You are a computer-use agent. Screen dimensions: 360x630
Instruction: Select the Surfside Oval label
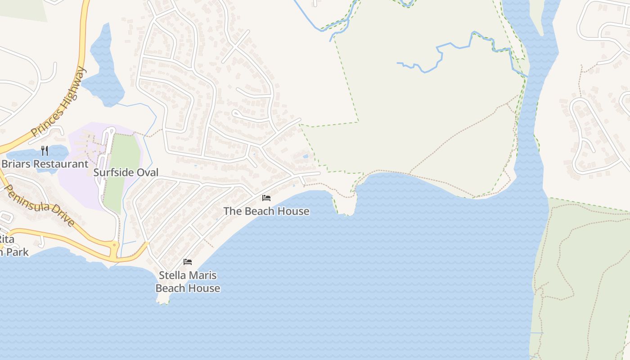click(126, 172)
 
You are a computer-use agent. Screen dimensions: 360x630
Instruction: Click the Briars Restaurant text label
click(45, 164)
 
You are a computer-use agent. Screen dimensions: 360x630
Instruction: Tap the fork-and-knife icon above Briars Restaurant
click(45, 150)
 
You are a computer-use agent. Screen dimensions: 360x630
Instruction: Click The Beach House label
click(266, 211)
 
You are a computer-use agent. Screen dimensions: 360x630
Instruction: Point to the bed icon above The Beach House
click(266, 198)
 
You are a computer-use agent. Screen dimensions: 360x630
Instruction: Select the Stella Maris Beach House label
click(188, 282)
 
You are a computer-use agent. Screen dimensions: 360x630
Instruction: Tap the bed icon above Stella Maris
click(188, 261)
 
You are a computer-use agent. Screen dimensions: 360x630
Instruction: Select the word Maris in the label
click(201, 275)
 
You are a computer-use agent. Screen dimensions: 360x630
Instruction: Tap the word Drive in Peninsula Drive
click(61, 215)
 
